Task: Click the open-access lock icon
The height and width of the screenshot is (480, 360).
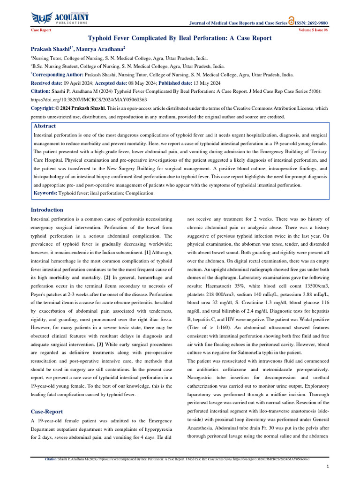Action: (x=292, y=21)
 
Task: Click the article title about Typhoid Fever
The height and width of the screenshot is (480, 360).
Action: (x=180, y=38)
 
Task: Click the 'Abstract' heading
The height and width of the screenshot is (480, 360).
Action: (x=45, y=126)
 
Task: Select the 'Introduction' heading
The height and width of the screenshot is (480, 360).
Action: (x=47, y=210)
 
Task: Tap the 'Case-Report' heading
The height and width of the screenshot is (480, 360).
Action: (x=46, y=412)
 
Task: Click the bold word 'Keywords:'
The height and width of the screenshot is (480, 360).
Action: (x=45, y=193)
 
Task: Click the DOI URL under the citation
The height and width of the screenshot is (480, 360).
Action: (x=89, y=100)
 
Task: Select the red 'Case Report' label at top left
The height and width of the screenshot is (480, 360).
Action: (x=41, y=30)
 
